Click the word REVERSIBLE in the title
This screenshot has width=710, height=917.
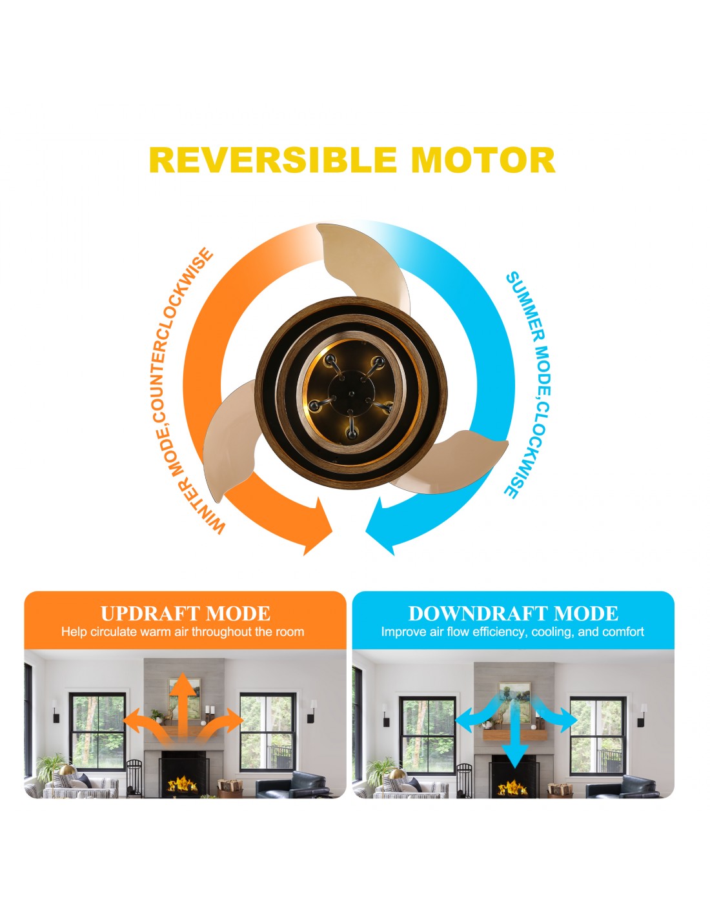273,160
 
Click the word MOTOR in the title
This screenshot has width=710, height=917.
483,160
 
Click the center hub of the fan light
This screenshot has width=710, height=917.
351,393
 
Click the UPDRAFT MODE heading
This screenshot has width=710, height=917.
185,613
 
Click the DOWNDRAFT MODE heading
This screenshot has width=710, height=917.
513,613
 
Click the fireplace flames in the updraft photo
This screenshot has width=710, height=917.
183,785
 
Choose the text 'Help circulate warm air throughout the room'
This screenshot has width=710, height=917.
183,632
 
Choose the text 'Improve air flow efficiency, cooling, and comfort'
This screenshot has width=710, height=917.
512,632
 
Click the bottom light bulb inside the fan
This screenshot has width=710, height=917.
351,432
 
